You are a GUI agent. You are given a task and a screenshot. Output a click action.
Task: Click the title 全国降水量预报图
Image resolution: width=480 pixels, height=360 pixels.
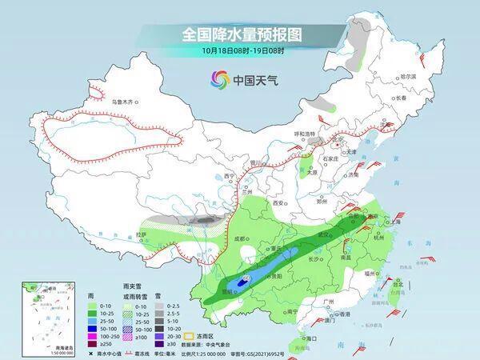tap(240, 36)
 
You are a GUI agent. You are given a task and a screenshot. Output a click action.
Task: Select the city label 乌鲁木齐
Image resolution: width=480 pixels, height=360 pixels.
tap(123, 102)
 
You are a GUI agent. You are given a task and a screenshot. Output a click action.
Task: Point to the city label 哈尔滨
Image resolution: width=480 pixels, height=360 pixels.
tap(407, 75)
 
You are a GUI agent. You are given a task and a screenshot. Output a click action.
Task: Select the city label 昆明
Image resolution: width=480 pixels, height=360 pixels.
tap(229, 292)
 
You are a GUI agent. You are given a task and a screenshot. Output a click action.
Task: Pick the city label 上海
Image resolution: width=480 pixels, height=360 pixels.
tap(391, 226)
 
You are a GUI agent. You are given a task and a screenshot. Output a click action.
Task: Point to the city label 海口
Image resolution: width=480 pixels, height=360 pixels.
tap(305, 339)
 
